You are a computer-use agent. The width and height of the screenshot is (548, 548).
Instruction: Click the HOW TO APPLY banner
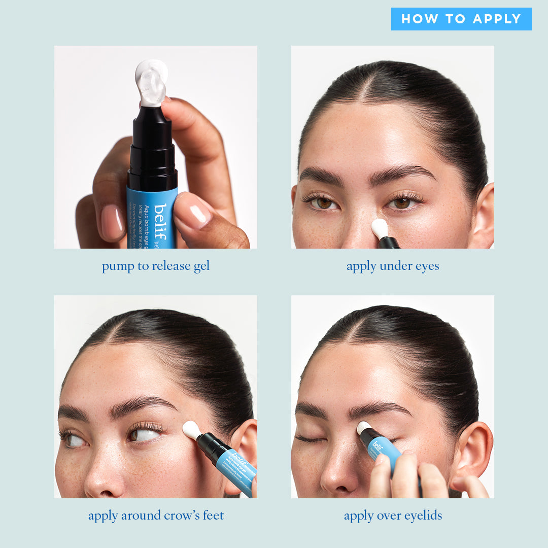pyautogui.click(x=461, y=19)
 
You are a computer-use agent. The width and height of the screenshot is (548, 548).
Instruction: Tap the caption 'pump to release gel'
pyautogui.click(x=156, y=266)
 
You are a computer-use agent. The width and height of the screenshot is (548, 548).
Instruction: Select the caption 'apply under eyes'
pyautogui.click(x=393, y=266)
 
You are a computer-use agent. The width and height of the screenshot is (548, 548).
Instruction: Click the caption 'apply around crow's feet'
pyautogui.click(x=156, y=516)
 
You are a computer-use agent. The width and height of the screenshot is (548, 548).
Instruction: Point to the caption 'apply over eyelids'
pyautogui.click(x=393, y=516)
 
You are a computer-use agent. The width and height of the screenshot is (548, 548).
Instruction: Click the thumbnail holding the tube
pyautogui.click(x=194, y=211)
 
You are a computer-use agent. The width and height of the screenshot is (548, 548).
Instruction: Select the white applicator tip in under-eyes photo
pyautogui.click(x=379, y=228)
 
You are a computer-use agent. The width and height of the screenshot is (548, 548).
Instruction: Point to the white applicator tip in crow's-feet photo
pyautogui.click(x=191, y=429)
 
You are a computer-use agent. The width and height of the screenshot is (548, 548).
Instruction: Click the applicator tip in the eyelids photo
pyautogui.click(x=363, y=427)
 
